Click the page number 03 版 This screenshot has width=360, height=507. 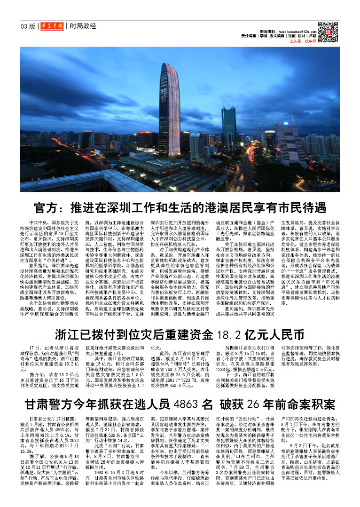click(x=28, y=26)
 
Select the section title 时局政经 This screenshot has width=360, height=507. click(x=83, y=26)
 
